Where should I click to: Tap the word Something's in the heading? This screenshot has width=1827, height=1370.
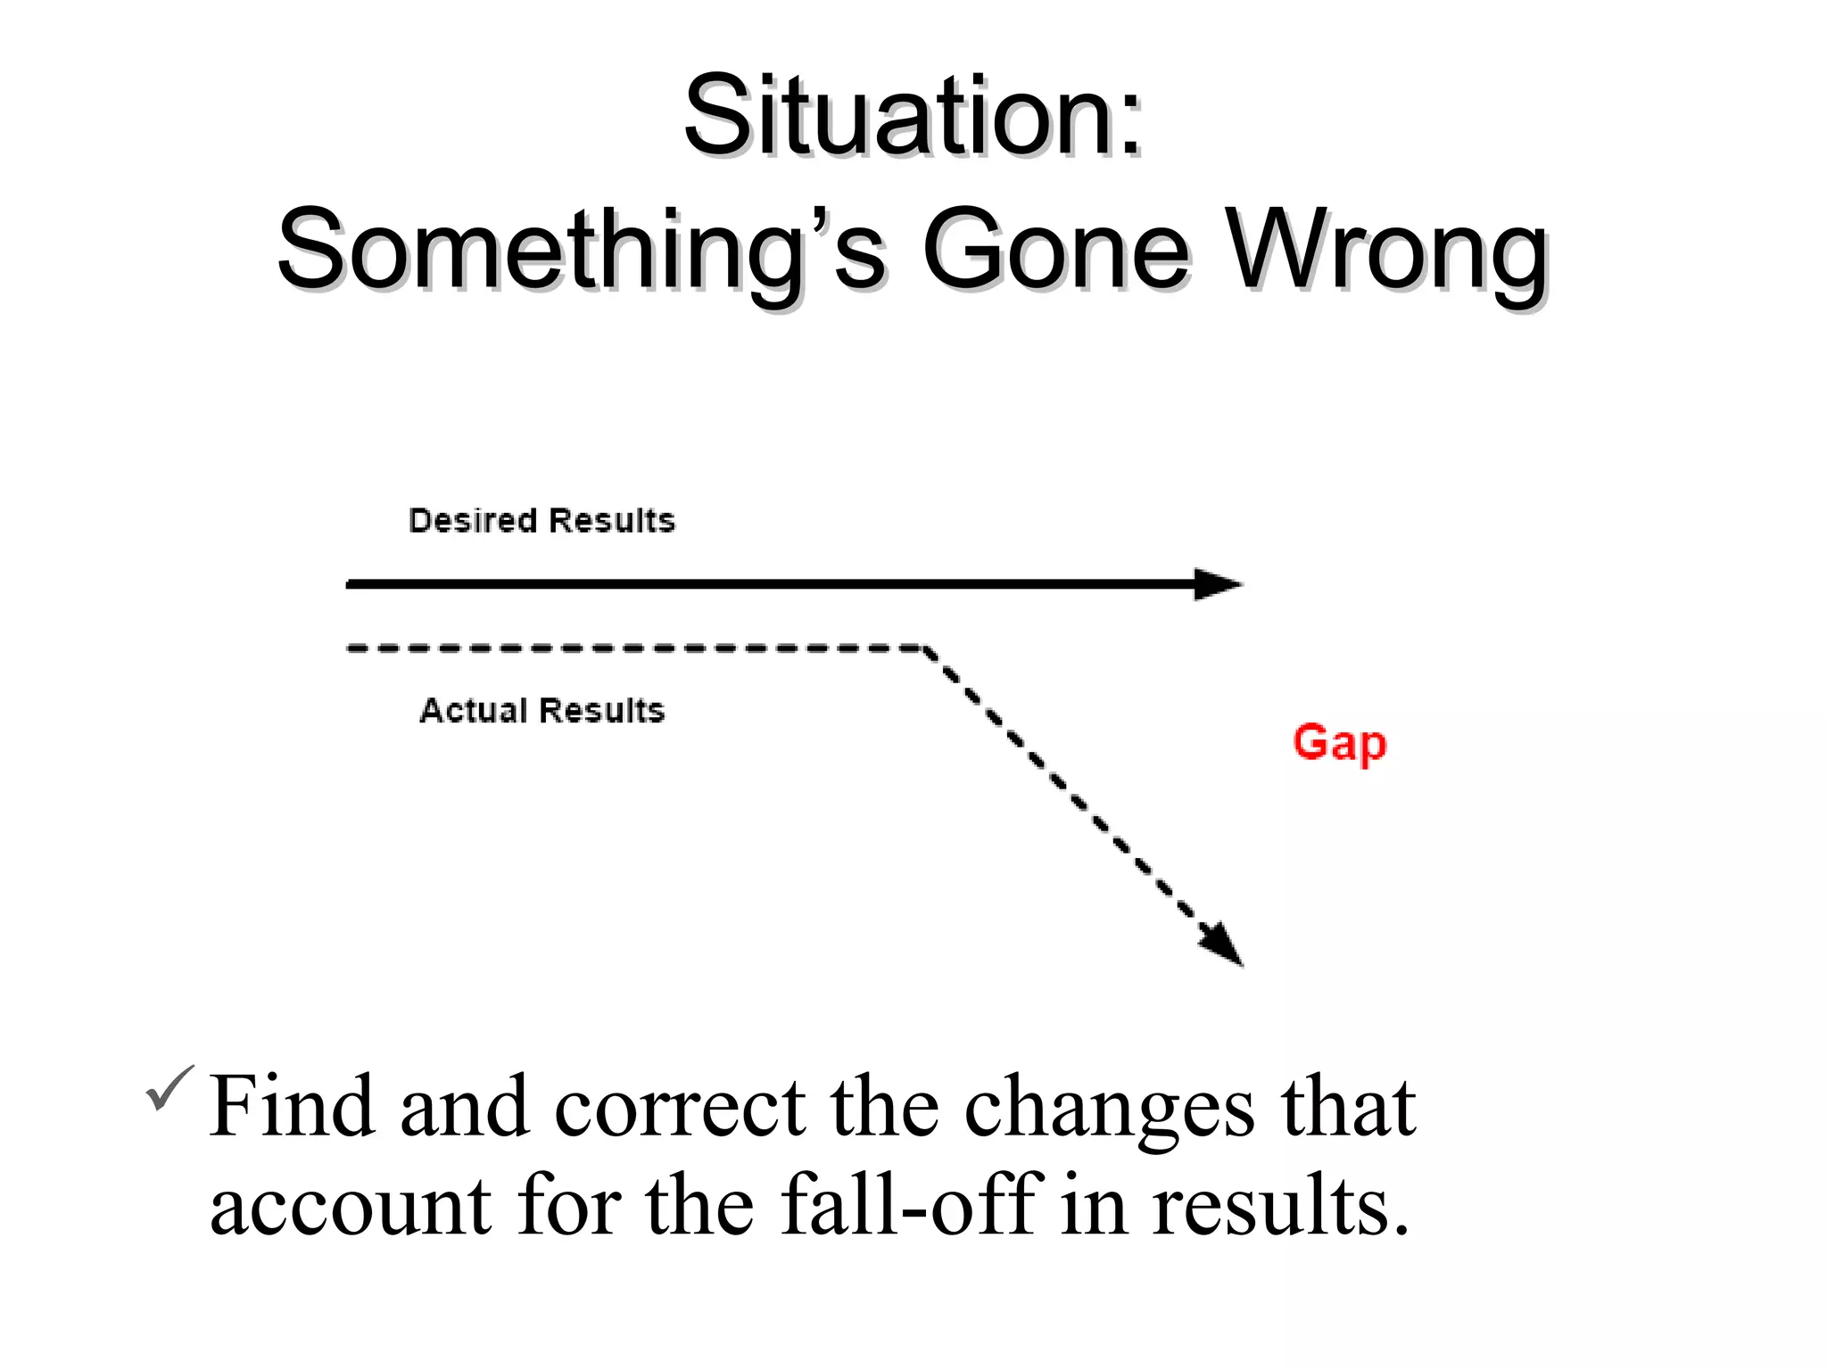point(581,250)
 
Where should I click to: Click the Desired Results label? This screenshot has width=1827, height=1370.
point(541,521)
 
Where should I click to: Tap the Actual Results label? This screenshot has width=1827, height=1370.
point(541,711)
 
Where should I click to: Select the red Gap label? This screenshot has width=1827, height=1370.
point(1339,744)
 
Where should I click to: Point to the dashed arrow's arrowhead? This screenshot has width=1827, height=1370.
point(1223,945)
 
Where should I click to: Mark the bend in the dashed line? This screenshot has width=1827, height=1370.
point(926,648)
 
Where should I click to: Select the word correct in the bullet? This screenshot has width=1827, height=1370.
point(680,1109)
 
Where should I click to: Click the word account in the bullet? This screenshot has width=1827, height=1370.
point(351,1206)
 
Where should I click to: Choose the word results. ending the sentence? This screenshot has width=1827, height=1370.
point(1280,1206)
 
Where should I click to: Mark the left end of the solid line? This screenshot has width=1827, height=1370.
point(351,584)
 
